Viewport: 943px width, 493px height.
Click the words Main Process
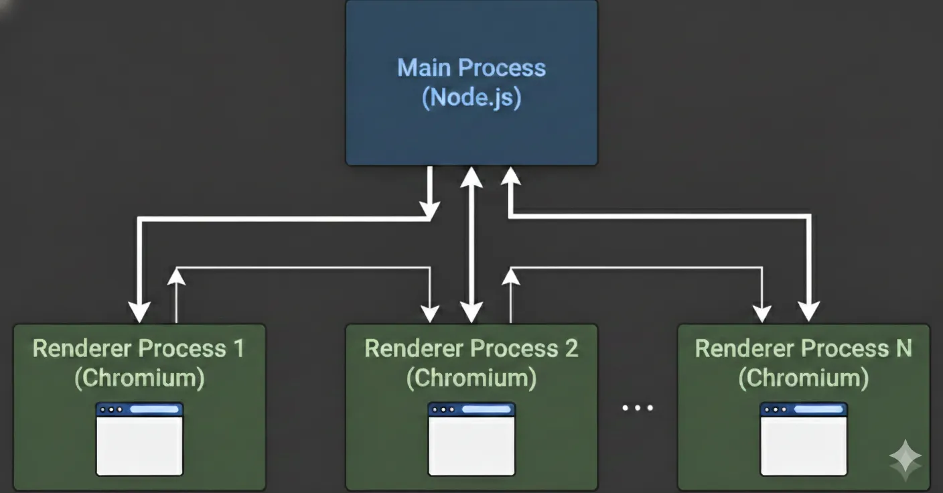pyautogui.click(x=472, y=68)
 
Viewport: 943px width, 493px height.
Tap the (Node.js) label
pyautogui.click(x=472, y=98)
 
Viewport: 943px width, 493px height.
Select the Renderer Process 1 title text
pyautogui.click(x=139, y=349)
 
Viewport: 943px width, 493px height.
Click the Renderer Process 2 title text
pyautogui.click(x=471, y=349)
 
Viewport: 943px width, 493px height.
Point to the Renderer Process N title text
pyautogui.click(x=803, y=349)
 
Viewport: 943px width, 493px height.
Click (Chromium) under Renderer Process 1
pyautogui.click(x=139, y=378)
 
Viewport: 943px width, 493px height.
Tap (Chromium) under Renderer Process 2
pyautogui.click(x=471, y=378)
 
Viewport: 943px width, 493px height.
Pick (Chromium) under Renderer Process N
pyautogui.click(x=803, y=378)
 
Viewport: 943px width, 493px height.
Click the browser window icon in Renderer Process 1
pyautogui.click(x=139, y=439)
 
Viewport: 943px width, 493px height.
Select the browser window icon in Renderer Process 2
pyautogui.click(x=472, y=439)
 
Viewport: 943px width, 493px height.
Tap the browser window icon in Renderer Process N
pyautogui.click(x=804, y=439)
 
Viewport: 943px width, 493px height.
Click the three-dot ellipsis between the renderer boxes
pyautogui.click(x=637, y=408)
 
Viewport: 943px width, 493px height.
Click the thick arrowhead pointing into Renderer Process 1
pyautogui.click(x=139, y=313)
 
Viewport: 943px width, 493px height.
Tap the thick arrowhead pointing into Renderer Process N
pyautogui.click(x=809, y=311)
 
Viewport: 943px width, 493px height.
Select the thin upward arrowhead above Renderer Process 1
pyautogui.click(x=176, y=276)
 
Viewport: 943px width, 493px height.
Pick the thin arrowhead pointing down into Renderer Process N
pyautogui.click(x=761, y=313)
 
